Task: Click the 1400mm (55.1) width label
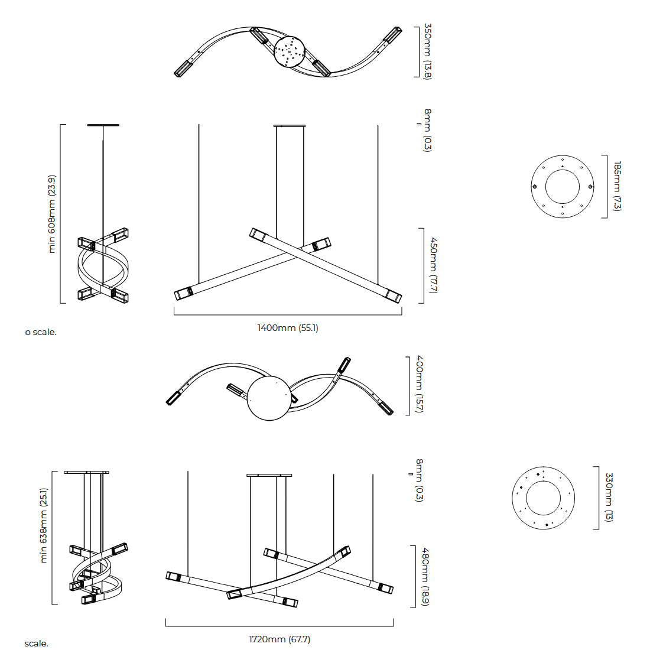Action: tap(288, 328)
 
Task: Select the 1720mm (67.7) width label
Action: tap(279, 639)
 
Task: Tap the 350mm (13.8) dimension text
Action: tap(427, 51)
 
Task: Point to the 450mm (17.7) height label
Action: tap(434, 265)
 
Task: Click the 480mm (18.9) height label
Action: tap(425, 577)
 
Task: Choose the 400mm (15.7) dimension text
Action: tap(419, 384)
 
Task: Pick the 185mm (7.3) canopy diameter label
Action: tap(617, 186)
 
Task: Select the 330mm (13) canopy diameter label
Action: tap(609, 497)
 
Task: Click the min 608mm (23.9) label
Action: tap(52, 214)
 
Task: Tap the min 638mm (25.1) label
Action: tap(44, 525)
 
